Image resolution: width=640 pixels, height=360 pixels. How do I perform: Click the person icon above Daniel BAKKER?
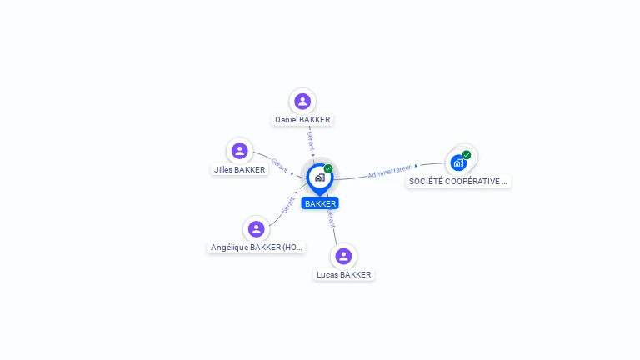pyautogui.click(x=302, y=101)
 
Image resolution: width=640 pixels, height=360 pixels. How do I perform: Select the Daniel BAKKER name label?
pyautogui.click(x=302, y=120)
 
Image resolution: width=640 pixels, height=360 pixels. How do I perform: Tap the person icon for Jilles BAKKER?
pyautogui.click(x=240, y=151)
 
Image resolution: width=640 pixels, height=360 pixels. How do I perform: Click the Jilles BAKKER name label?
pyautogui.click(x=240, y=170)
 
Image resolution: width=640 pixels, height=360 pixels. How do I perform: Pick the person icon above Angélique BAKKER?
pyautogui.click(x=256, y=228)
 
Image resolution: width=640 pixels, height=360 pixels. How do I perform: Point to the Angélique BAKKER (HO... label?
pyautogui.click(x=257, y=247)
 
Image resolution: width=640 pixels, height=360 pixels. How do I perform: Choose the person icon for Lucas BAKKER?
pyautogui.click(x=343, y=256)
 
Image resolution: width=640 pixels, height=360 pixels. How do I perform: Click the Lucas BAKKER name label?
pyautogui.click(x=343, y=275)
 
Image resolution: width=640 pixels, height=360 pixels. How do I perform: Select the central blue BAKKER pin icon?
pyautogui.click(x=319, y=177)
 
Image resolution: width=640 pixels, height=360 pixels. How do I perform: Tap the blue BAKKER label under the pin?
pyautogui.click(x=320, y=203)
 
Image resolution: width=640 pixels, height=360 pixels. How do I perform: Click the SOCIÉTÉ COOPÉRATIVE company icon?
pyautogui.click(x=458, y=162)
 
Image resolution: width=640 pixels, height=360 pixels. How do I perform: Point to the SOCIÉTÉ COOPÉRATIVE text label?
pyautogui.click(x=458, y=182)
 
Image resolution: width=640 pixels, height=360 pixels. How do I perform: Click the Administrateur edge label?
pyautogui.click(x=389, y=172)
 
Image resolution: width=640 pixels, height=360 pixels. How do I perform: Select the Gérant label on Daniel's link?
pyautogui.click(x=310, y=138)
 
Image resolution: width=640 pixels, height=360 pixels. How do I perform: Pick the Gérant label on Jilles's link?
pyautogui.click(x=279, y=165)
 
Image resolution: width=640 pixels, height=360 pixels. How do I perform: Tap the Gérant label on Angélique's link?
pyautogui.click(x=288, y=205)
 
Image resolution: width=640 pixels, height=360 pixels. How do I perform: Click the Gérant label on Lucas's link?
pyautogui.click(x=331, y=218)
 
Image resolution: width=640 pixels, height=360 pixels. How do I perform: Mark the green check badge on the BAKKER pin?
pyautogui.click(x=328, y=169)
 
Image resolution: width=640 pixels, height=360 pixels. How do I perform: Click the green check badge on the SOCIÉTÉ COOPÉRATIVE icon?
pyautogui.click(x=467, y=155)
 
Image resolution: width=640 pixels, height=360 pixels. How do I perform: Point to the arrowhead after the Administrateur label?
pyautogui.click(x=416, y=166)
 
